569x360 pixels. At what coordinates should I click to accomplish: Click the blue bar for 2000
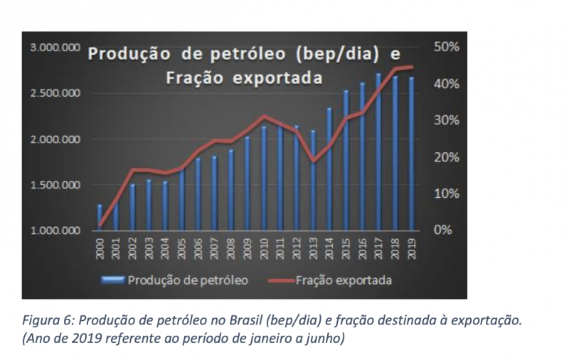[100, 217]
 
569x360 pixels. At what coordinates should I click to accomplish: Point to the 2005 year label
[182, 250]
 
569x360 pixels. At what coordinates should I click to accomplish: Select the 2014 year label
[329, 250]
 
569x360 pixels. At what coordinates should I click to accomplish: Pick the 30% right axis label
[447, 120]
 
